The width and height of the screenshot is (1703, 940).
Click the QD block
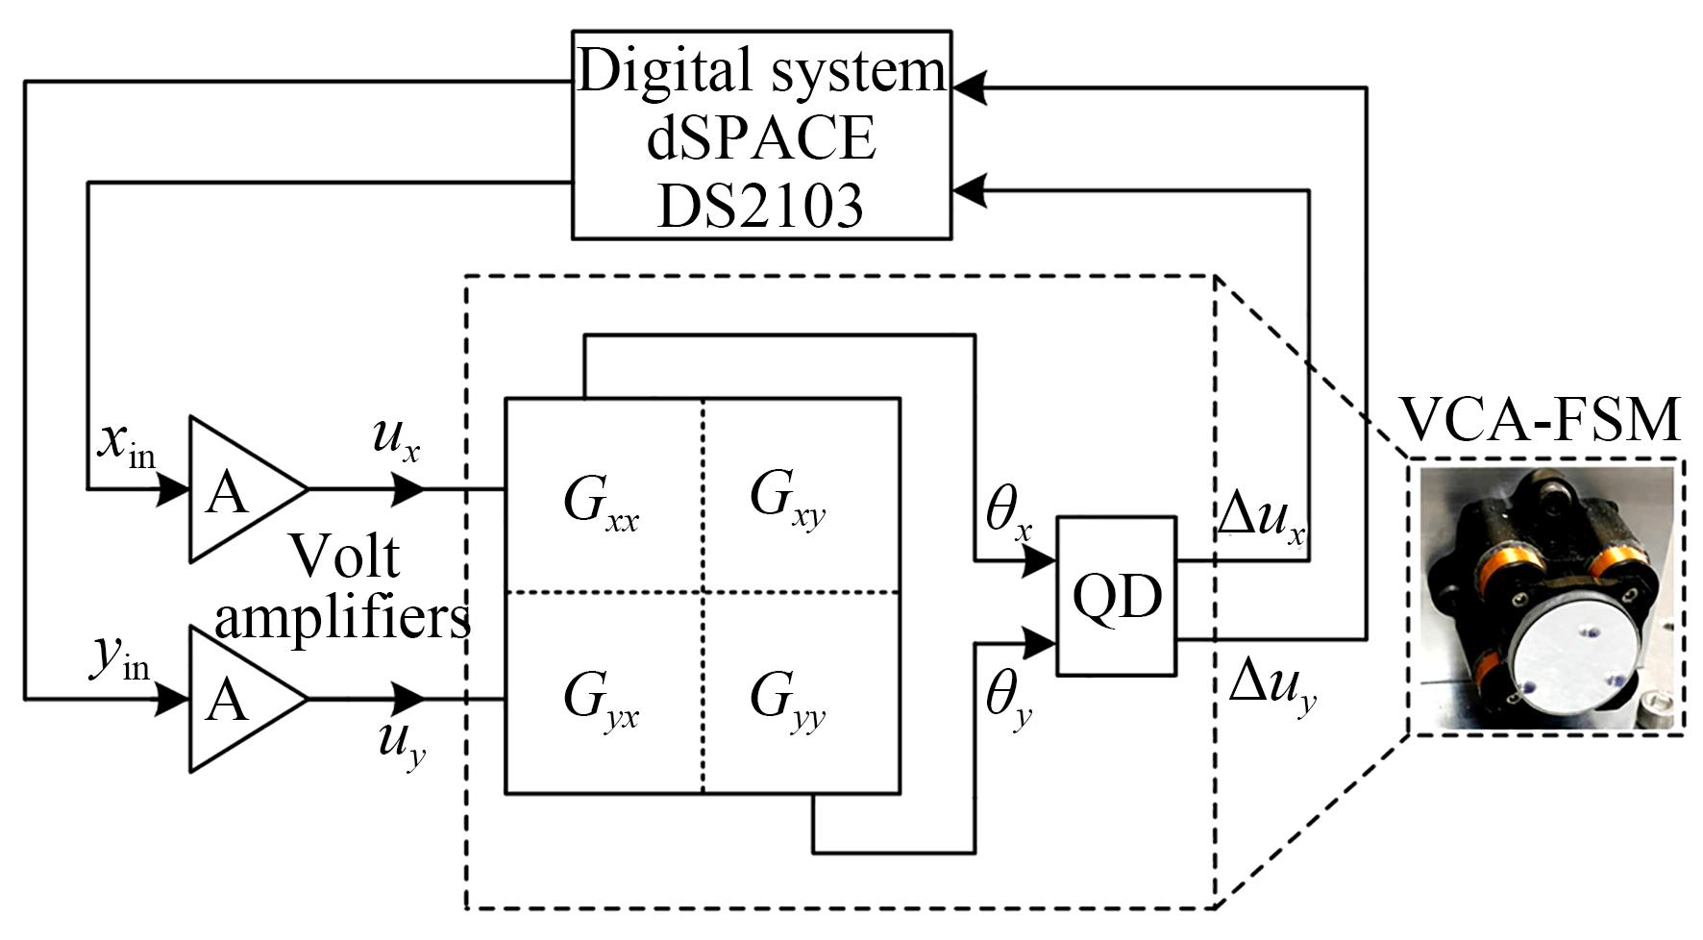point(1116,596)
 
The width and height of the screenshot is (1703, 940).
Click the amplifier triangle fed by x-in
point(237,489)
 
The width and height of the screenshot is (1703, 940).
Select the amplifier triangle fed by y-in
point(237,699)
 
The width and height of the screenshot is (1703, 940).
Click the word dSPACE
point(761,136)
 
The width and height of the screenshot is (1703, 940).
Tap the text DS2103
point(760,204)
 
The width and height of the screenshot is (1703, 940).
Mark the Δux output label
point(1261,519)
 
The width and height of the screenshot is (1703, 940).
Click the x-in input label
point(126,444)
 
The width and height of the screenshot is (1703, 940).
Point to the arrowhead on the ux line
point(407,489)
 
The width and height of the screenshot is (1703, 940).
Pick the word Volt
point(344,556)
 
